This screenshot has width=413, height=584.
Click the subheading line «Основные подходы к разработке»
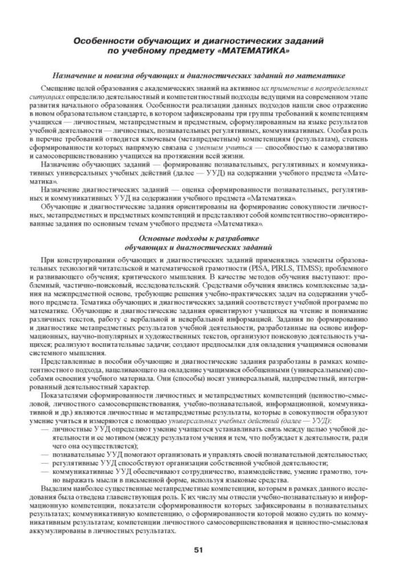tap(206, 237)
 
